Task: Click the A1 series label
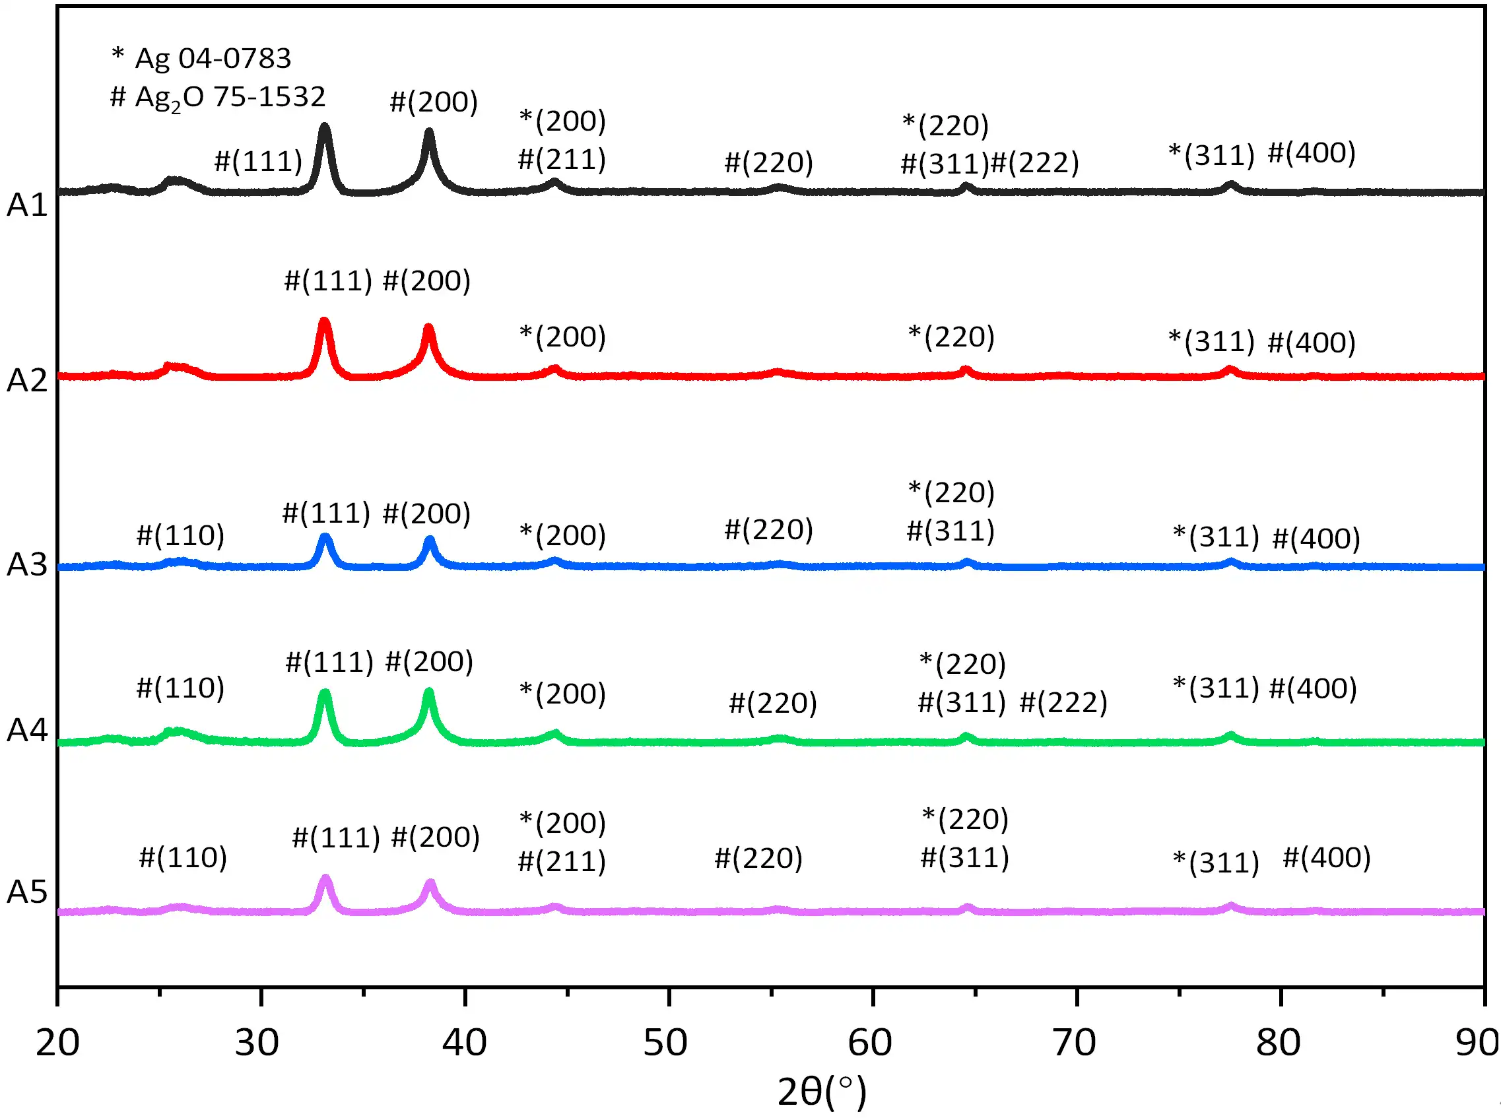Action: tap(27, 205)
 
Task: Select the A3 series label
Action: tap(27, 564)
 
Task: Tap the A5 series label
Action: tap(27, 892)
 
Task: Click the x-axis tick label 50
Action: tap(665, 1043)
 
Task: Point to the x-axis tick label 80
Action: tap(1278, 1043)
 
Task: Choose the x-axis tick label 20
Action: tap(57, 1043)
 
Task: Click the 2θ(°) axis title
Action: tap(821, 1092)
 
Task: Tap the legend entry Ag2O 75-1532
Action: tap(218, 98)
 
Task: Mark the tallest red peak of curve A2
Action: tap(324, 322)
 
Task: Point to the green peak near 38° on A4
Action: tap(428, 693)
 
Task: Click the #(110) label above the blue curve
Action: tap(180, 535)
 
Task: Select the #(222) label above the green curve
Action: tap(1063, 702)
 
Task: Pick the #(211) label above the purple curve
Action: tap(562, 861)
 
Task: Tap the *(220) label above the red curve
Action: tap(951, 337)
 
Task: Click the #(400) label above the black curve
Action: tap(1312, 153)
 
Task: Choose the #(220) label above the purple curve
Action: tap(758, 858)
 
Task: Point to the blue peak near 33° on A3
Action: tap(325, 538)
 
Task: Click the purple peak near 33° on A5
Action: tap(325, 879)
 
